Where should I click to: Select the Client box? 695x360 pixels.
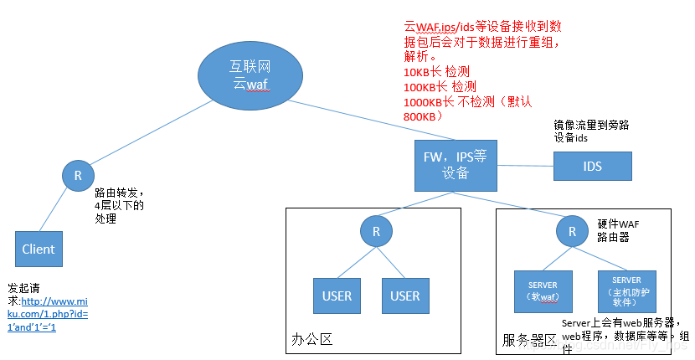click(x=39, y=249)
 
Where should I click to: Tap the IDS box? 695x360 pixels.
click(x=592, y=166)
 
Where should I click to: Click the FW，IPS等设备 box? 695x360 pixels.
click(x=456, y=164)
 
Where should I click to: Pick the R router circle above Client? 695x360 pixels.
click(x=78, y=176)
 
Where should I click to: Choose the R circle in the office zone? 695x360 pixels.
click(x=377, y=231)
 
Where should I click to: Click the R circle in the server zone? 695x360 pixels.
click(x=572, y=231)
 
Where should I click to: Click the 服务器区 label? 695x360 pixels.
click(x=529, y=341)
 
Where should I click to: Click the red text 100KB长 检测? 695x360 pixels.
click(x=440, y=87)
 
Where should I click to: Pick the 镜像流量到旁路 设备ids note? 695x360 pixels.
click(x=591, y=131)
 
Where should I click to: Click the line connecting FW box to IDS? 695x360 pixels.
click(x=526, y=165)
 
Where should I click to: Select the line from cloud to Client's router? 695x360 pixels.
click(x=151, y=134)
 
